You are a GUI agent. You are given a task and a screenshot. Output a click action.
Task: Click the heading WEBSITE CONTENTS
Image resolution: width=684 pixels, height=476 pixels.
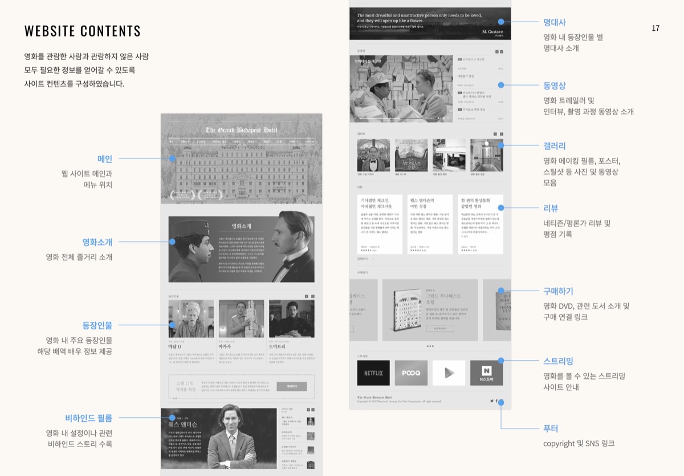83,31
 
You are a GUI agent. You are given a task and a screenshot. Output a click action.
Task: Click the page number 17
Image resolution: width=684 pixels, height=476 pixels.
655,28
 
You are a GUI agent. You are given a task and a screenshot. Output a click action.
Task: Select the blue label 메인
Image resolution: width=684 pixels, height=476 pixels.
105,159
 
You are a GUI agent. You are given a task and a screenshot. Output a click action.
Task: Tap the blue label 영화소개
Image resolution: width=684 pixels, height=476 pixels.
97,242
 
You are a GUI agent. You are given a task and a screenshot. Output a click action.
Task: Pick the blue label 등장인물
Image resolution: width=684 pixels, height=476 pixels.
97,325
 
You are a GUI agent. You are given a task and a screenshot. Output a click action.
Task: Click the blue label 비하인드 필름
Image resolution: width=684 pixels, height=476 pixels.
89,418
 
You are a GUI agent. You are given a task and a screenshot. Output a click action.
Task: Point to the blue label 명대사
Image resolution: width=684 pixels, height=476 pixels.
555,22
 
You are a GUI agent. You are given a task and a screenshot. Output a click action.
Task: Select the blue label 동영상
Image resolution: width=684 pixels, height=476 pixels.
555,86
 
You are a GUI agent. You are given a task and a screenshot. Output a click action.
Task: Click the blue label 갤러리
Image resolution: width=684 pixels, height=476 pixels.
555,146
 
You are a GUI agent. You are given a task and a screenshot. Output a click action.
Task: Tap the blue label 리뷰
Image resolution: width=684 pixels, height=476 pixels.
551,208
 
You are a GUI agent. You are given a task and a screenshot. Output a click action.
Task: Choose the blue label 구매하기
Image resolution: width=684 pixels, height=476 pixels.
558,291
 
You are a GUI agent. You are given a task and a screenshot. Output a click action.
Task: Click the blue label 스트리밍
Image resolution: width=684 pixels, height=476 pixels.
558,361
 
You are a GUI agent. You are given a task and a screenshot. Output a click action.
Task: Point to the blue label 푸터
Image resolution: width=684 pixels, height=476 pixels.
551,428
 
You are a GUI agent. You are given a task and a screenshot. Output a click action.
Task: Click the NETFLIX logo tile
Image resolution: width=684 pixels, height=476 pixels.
373,373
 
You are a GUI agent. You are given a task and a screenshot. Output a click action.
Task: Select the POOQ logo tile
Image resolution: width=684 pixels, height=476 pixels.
411,373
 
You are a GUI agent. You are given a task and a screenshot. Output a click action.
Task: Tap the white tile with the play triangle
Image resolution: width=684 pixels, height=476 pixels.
449,373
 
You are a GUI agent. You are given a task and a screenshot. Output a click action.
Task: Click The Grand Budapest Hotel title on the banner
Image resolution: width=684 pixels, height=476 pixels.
241,130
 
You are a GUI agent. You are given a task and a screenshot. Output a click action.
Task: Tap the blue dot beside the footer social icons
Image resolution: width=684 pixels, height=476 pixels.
501,402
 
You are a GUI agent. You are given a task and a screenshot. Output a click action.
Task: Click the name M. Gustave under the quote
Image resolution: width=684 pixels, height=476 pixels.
492,31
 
